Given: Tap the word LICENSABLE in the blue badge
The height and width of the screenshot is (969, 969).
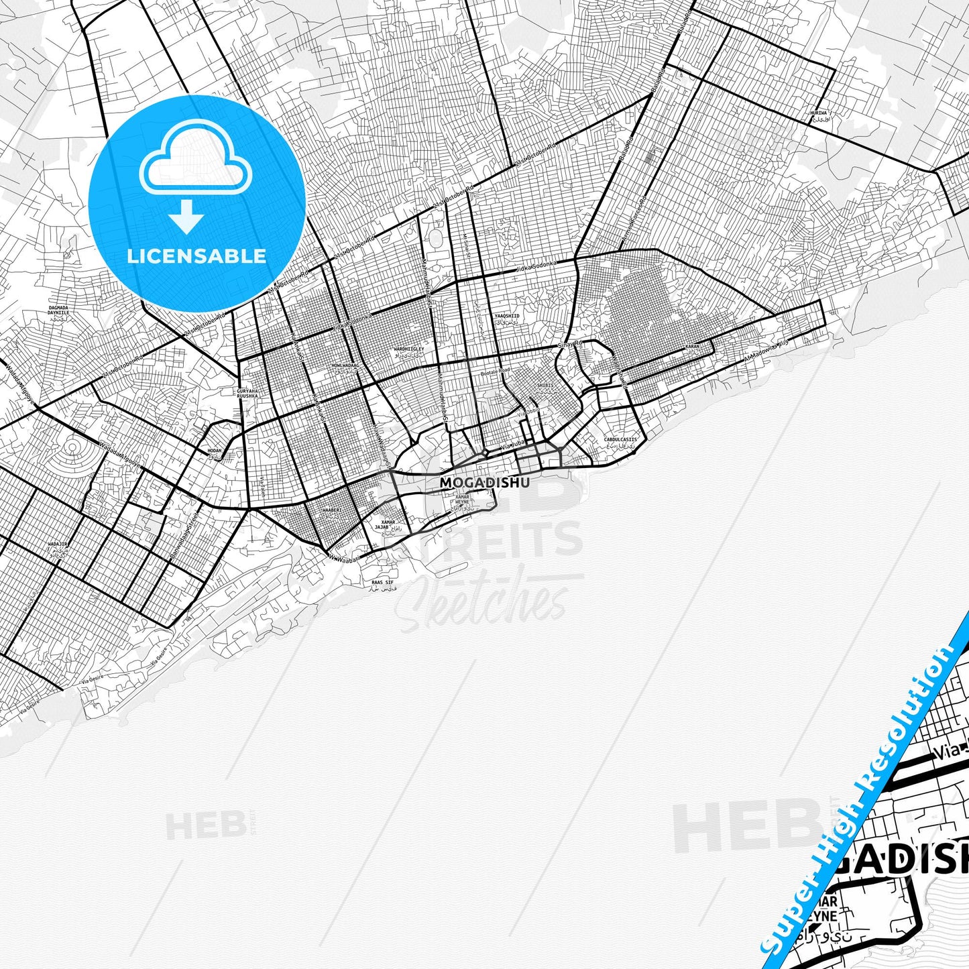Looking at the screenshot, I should [196, 255].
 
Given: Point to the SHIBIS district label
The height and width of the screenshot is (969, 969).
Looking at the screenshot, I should [545, 386].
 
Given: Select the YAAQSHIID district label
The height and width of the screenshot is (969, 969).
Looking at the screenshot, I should [507, 315].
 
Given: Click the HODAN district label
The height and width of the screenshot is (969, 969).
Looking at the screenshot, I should [215, 451].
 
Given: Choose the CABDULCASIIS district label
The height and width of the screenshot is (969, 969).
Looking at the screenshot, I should [620, 440].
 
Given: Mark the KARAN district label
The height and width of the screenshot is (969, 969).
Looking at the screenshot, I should [692, 347].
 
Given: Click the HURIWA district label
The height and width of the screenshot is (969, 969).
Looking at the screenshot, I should [819, 113].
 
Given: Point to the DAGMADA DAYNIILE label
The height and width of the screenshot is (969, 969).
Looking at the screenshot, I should [58, 310].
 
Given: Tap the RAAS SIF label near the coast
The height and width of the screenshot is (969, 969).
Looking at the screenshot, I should [384, 583].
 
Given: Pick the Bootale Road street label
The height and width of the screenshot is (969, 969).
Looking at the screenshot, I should [496, 370].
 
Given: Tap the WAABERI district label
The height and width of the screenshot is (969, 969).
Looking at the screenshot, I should [332, 510].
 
